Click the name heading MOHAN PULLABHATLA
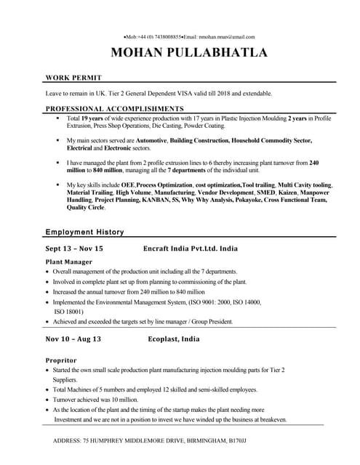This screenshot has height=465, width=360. (x=188, y=52)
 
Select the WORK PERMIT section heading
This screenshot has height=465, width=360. (x=73, y=77)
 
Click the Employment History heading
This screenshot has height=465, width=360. (x=84, y=232)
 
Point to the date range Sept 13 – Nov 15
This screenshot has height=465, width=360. (x=74, y=248)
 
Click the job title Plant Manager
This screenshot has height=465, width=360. (x=68, y=262)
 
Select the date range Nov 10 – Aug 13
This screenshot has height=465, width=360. (x=73, y=339)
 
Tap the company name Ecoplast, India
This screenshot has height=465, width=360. (x=174, y=339)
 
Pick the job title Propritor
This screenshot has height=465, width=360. (x=62, y=360)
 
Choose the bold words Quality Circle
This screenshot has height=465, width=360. (x=86, y=208)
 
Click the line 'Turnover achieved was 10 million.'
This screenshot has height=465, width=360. (x=95, y=400)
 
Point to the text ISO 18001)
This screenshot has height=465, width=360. (x=71, y=311)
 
